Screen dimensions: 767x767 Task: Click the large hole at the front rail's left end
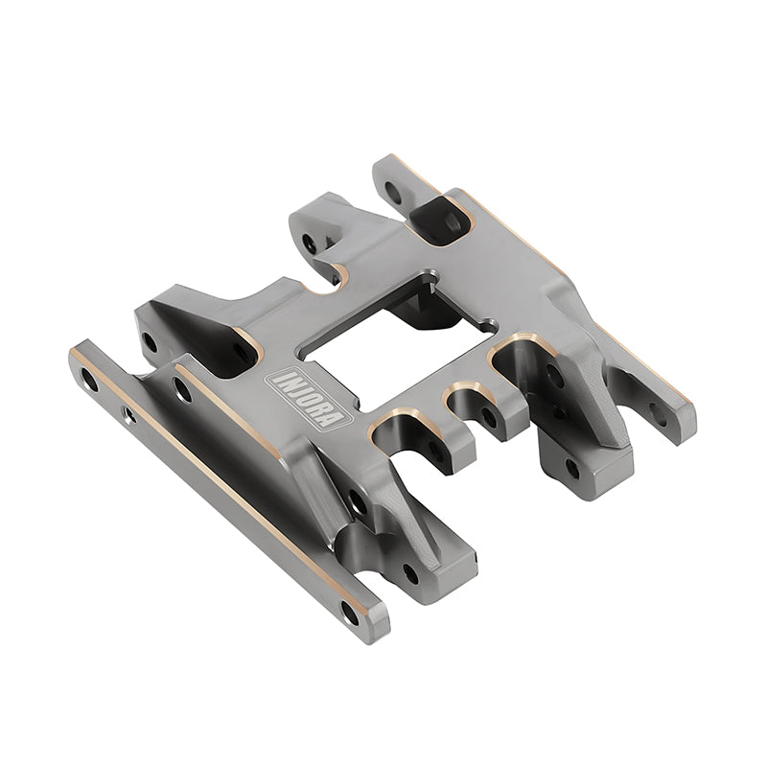tap(88, 382)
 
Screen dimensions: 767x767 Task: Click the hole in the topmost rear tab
tap(392, 191)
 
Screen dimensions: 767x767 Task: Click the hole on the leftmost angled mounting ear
tap(150, 340)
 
